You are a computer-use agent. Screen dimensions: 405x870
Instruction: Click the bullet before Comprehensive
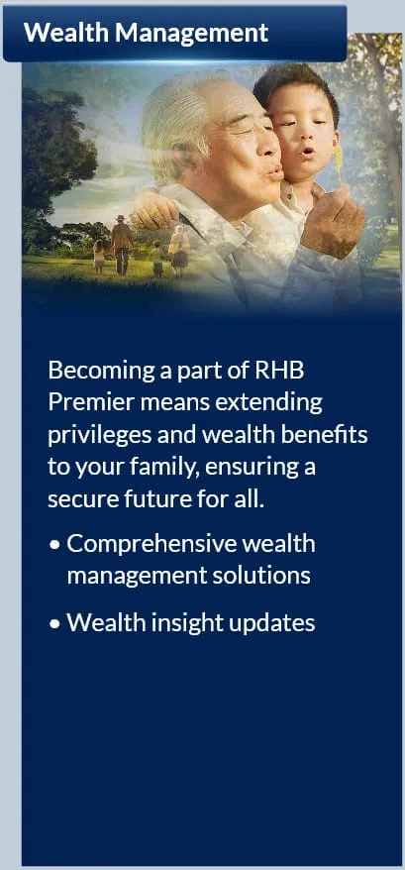54,546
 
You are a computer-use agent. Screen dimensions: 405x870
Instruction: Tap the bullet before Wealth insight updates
54,625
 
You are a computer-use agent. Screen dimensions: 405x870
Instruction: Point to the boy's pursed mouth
309,151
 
